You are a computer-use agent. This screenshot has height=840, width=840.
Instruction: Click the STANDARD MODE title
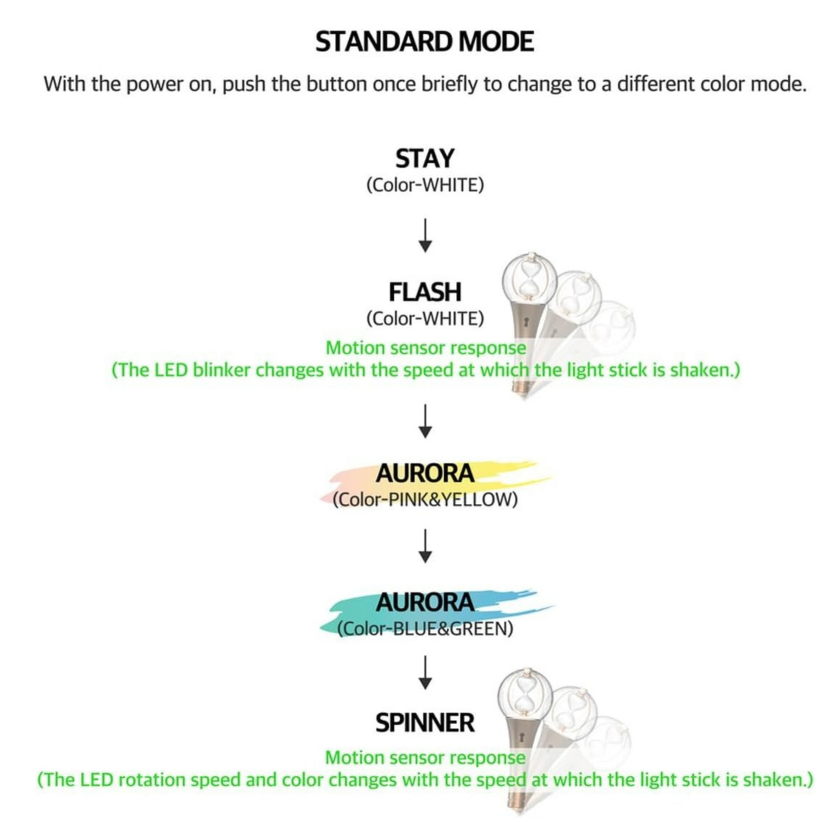pyautogui.click(x=424, y=42)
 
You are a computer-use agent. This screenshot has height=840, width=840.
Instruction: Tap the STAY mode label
pyautogui.click(x=425, y=159)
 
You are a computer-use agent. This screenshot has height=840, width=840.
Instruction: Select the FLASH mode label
pyautogui.click(x=425, y=292)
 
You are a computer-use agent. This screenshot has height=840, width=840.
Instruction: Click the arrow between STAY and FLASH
pyautogui.click(x=425, y=235)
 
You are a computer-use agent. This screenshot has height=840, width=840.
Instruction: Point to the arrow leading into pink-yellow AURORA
pyautogui.click(x=425, y=421)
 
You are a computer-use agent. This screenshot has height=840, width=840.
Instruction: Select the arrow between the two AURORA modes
pyautogui.click(x=425, y=546)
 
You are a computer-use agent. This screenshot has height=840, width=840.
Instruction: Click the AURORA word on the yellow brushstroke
pyautogui.click(x=425, y=473)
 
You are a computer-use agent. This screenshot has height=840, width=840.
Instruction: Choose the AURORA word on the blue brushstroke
pyautogui.click(x=425, y=603)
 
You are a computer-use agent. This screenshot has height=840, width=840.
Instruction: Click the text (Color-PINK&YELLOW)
pyautogui.click(x=425, y=499)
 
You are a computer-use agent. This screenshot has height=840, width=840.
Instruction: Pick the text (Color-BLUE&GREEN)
pyautogui.click(x=425, y=628)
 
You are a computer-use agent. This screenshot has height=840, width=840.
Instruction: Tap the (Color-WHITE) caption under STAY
pyautogui.click(x=425, y=185)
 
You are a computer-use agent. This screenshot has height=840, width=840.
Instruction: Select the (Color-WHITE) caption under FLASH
pyautogui.click(x=425, y=319)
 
